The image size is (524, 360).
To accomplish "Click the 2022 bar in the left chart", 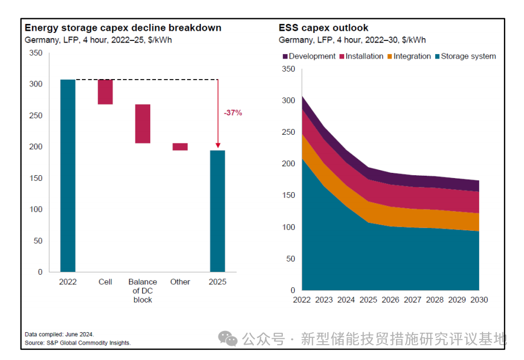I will point(68,175).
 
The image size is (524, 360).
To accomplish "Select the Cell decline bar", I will point(105,92).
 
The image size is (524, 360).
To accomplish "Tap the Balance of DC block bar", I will point(143,123).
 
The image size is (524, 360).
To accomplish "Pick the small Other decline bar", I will point(180,147).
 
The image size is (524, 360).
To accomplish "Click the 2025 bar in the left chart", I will point(218,211).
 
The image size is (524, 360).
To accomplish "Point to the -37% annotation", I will point(233,113).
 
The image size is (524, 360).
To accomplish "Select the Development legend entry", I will point(309,56).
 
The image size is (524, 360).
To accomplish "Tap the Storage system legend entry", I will point(465,56).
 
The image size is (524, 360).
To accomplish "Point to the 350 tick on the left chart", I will point(36,53).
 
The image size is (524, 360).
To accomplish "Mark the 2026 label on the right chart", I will point(390,300).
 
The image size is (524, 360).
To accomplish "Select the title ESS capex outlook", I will point(323,27).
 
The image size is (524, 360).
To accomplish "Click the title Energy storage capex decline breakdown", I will point(123,27).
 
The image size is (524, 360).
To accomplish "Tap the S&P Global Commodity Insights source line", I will point(78,342).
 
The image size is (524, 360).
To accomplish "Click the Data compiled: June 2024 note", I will point(59,334).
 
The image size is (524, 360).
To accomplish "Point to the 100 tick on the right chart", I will point(288,227).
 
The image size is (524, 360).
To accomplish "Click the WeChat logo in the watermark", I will point(229,339).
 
